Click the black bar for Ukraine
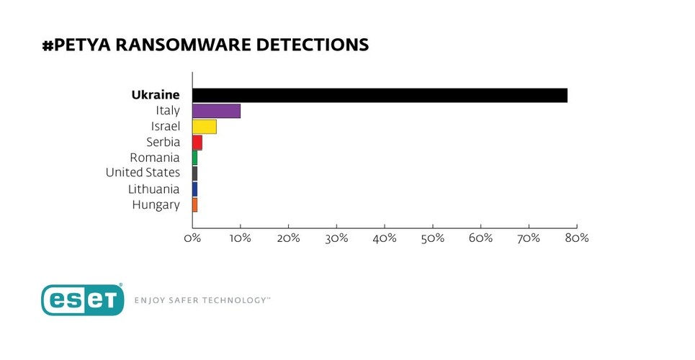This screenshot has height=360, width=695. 380,95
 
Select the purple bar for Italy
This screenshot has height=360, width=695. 216,111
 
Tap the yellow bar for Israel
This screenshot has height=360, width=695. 205,127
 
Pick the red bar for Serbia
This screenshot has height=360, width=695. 197,143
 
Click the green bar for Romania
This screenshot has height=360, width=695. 194,158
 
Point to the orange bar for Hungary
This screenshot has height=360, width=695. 194,205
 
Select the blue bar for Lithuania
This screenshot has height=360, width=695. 194,189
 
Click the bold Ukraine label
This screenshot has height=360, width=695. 155,95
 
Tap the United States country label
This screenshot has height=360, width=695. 143,174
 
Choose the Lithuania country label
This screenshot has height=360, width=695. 153,189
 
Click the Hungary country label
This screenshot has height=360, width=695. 156,205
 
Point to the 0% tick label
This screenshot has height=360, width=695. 192,238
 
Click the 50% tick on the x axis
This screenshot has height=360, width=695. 433,238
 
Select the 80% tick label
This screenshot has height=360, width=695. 577,238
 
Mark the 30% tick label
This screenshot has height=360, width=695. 336,238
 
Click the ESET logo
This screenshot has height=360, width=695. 81,300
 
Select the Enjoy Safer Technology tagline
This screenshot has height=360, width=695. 202,300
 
